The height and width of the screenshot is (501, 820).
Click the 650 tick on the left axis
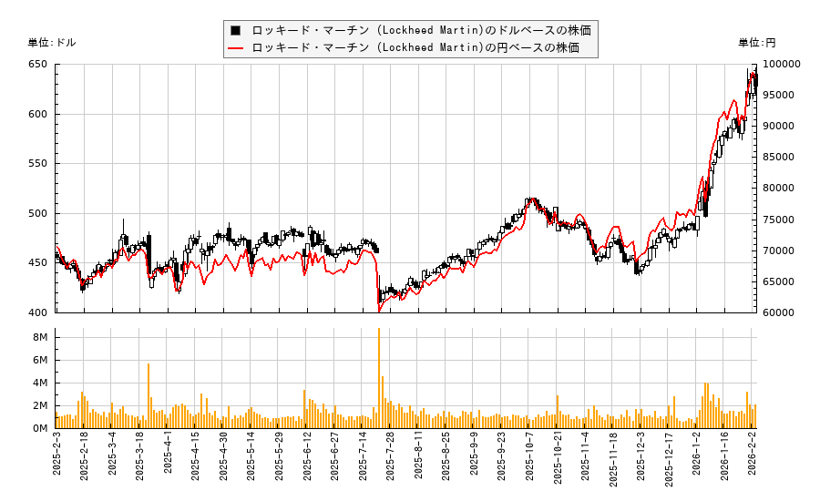point(37,65)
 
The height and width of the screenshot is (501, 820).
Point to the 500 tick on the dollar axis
point(37,213)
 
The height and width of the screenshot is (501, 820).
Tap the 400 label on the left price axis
point(37,312)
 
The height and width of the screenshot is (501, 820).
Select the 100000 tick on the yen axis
point(782,65)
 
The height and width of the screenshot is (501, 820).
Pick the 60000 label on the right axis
point(779,312)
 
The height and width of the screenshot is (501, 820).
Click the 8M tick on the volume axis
point(41,337)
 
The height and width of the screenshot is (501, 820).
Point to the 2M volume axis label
point(41,405)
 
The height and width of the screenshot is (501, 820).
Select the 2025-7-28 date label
point(390,465)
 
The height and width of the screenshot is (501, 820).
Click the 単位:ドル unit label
point(53,42)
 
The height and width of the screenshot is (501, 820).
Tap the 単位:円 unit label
point(757,42)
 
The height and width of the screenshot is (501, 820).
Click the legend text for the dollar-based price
point(421,30)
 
